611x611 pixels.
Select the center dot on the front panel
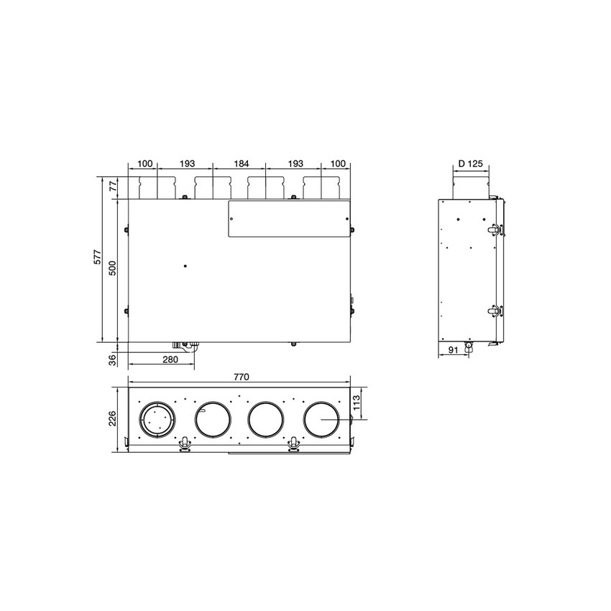[185, 266]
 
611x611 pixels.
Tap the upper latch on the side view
[495, 229]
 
